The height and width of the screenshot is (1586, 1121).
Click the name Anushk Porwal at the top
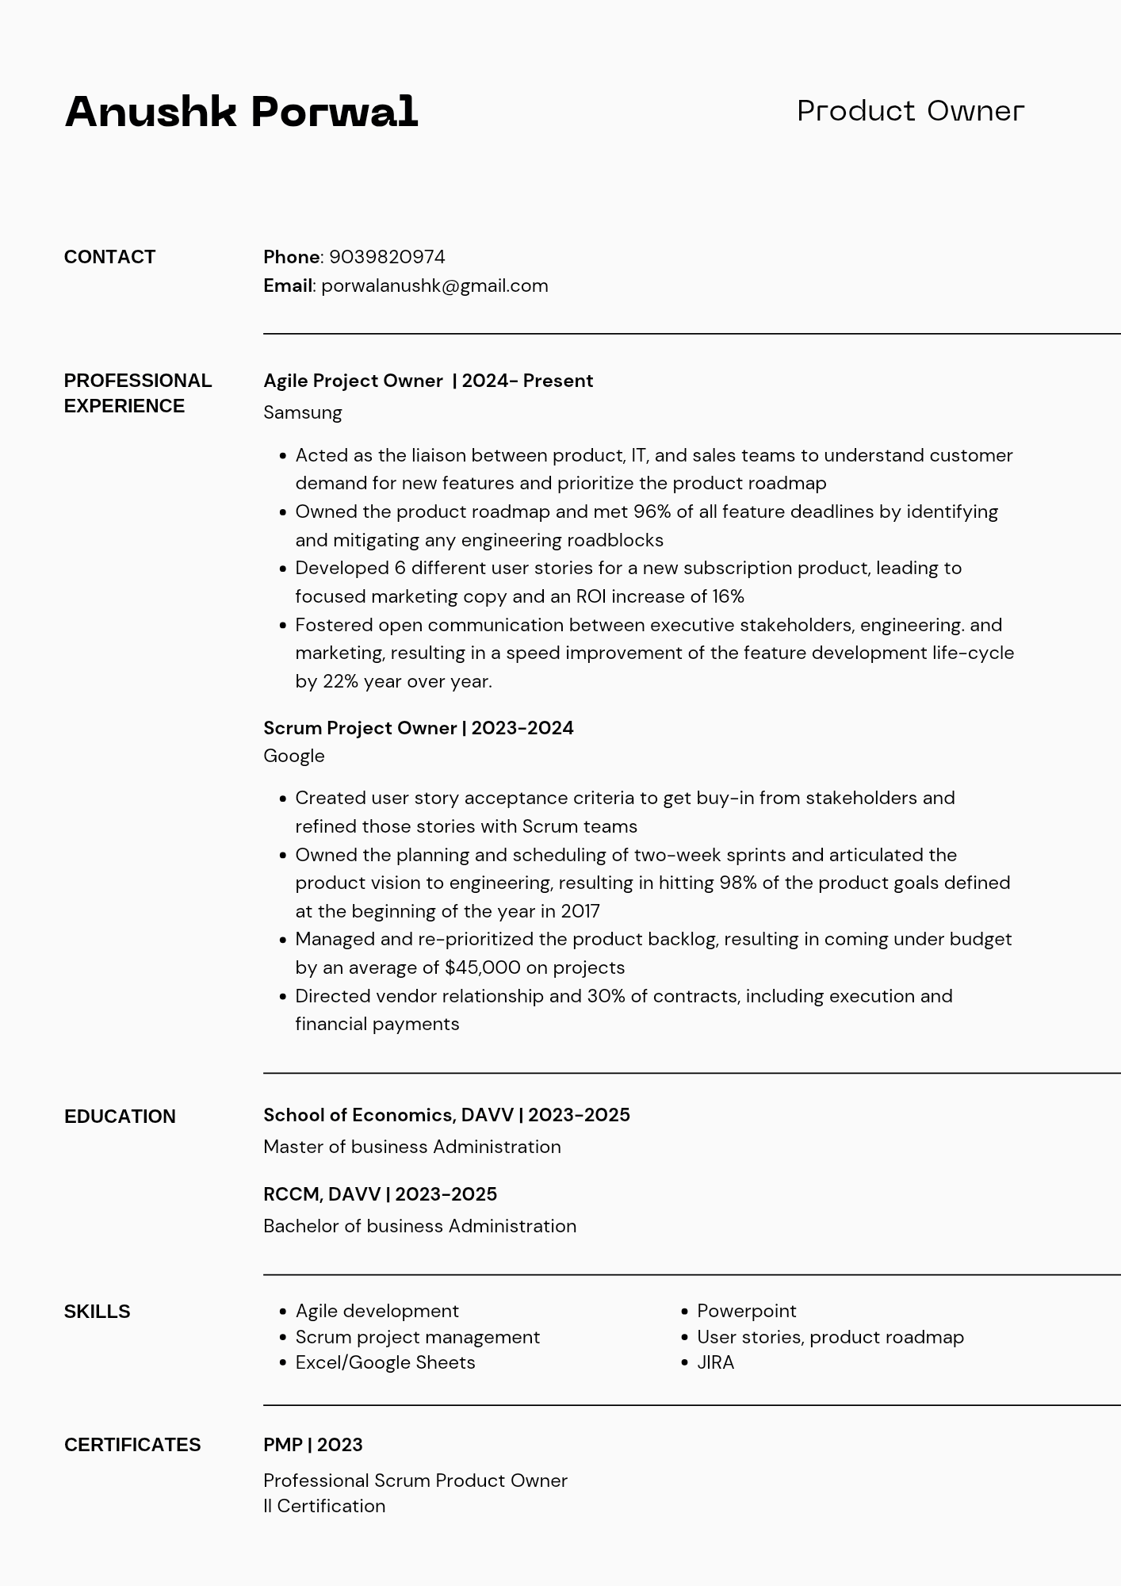(x=241, y=112)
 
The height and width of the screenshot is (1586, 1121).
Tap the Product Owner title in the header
(x=910, y=111)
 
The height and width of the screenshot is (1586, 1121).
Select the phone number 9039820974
(x=387, y=257)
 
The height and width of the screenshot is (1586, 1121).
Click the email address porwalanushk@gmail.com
(x=434, y=285)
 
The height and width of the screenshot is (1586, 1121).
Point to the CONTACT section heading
(x=109, y=257)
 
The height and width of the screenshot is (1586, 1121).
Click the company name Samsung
(x=303, y=412)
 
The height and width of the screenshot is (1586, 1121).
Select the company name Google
(x=294, y=756)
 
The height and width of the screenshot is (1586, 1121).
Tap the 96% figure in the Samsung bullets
(x=652, y=511)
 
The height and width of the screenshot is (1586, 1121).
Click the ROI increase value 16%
(x=728, y=596)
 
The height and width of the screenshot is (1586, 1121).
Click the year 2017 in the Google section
(x=580, y=911)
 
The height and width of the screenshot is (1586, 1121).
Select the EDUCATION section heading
(x=120, y=1117)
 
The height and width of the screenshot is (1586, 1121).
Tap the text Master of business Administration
(x=411, y=1147)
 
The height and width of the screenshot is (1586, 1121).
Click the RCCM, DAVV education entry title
(x=380, y=1194)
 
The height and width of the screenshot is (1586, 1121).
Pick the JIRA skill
(x=715, y=1362)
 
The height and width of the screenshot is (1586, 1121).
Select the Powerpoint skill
(x=746, y=1311)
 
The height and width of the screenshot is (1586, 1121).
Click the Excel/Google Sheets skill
(x=385, y=1362)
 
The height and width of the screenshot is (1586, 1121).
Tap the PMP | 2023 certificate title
(x=312, y=1445)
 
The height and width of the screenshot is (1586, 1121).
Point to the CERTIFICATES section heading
(x=132, y=1445)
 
